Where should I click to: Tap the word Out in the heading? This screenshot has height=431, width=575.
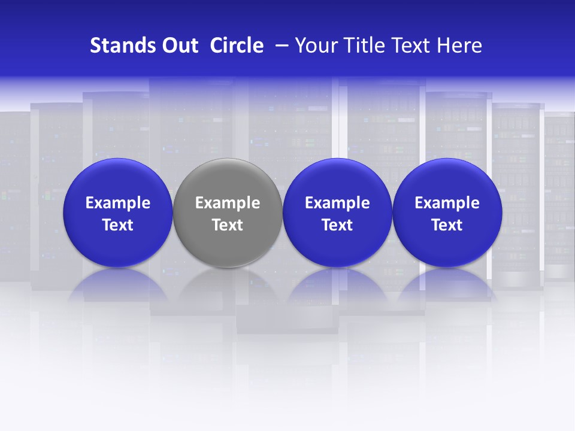point(178,45)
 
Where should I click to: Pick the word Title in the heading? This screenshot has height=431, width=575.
point(363,45)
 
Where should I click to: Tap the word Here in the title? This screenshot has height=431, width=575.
point(460,45)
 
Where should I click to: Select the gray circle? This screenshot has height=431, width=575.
point(228,180)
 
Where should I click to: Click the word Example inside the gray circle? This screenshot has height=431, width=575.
point(228,203)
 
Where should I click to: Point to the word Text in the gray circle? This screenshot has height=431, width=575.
point(228,225)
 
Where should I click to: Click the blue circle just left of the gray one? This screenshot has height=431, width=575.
point(118,180)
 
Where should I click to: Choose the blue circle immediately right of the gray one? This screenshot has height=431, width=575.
point(337,180)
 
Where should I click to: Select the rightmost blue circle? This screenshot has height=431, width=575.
point(447,180)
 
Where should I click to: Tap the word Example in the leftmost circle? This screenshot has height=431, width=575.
point(118,203)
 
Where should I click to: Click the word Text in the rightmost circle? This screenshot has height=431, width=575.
point(447,225)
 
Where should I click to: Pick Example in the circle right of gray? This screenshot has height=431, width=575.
point(337,203)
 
